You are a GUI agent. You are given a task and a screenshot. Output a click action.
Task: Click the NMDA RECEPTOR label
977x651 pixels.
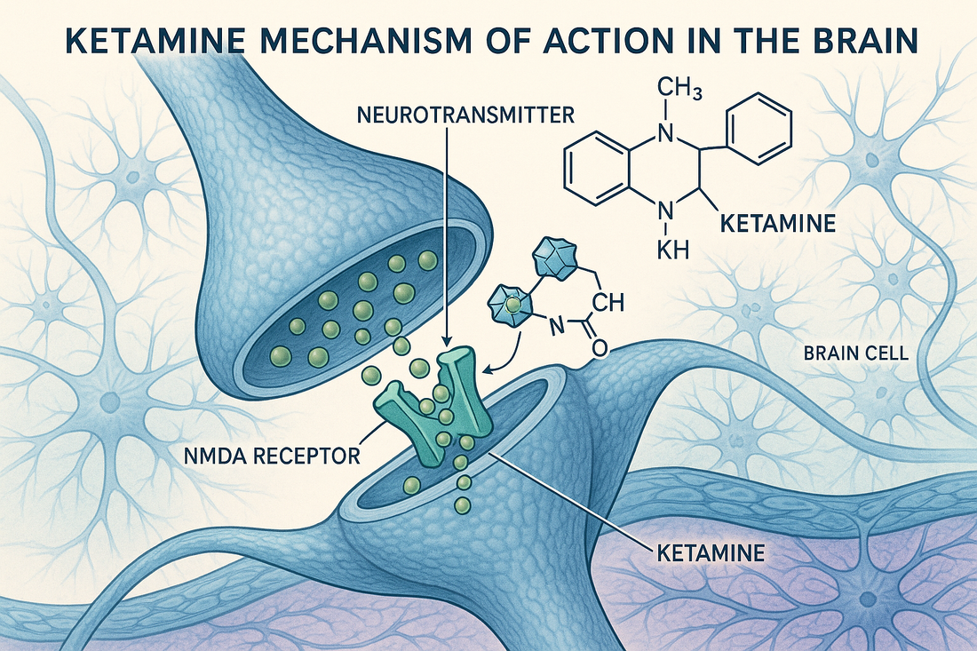point(271,456)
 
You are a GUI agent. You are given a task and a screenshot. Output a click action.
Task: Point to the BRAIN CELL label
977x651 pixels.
point(855,353)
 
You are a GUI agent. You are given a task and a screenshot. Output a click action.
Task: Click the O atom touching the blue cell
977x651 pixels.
point(598,348)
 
